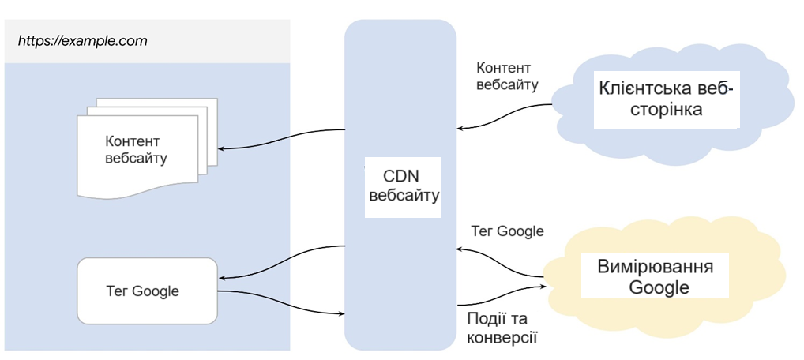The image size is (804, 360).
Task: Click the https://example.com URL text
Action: tap(82, 40)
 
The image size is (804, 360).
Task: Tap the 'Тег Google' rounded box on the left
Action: tap(147, 291)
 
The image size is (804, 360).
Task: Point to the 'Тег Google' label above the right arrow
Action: tap(507, 231)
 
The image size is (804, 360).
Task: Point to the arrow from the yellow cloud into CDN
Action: tap(502, 261)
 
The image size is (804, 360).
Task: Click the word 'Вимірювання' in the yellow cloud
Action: tap(656, 266)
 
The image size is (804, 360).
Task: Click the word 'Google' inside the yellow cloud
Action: tap(659, 287)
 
